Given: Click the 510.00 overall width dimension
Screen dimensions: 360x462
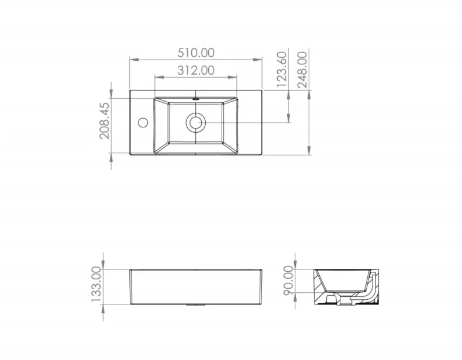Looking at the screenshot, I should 196,52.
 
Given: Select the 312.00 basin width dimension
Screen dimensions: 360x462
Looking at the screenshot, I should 196,70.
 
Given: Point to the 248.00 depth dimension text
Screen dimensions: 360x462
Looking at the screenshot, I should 302,70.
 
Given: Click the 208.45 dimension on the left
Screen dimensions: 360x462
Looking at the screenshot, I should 104,121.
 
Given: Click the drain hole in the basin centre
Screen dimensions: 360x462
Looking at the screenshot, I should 195,123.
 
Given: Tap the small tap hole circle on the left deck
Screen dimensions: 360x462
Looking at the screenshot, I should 142,123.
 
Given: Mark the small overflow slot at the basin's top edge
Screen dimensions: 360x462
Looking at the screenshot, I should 196,99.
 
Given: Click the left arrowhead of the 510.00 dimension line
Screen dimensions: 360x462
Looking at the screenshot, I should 132,60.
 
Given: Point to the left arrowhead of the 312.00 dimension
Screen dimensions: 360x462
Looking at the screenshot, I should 157,77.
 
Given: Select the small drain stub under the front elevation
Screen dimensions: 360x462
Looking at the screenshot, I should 196,304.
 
